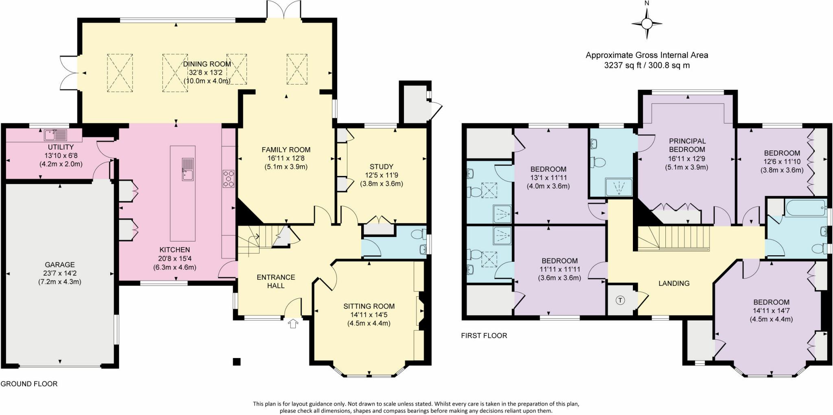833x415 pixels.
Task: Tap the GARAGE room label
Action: click(x=60, y=265)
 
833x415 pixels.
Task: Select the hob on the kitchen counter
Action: click(x=229, y=179)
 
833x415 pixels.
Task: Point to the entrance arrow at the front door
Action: click(x=293, y=324)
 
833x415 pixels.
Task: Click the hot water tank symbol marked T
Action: click(x=620, y=300)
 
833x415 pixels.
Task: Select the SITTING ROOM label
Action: click(x=369, y=306)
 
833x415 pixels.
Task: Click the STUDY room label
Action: click(x=381, y=167)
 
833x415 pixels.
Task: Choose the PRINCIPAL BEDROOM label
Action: click(x=687, y=145)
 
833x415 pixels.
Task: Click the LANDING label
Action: click(x=674, y=283)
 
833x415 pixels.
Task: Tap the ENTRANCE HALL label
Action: click(x=276, y=281)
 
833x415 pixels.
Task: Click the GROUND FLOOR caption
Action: click(x=29, y=384)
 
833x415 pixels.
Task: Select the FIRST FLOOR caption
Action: click(x=484, y=336)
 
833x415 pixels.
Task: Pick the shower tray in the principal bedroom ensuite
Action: click(x=619, y=187)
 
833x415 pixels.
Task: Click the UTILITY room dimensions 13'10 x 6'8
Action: click(x=61, y=156)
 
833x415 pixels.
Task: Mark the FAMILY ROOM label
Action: click(x=286, y=150)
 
